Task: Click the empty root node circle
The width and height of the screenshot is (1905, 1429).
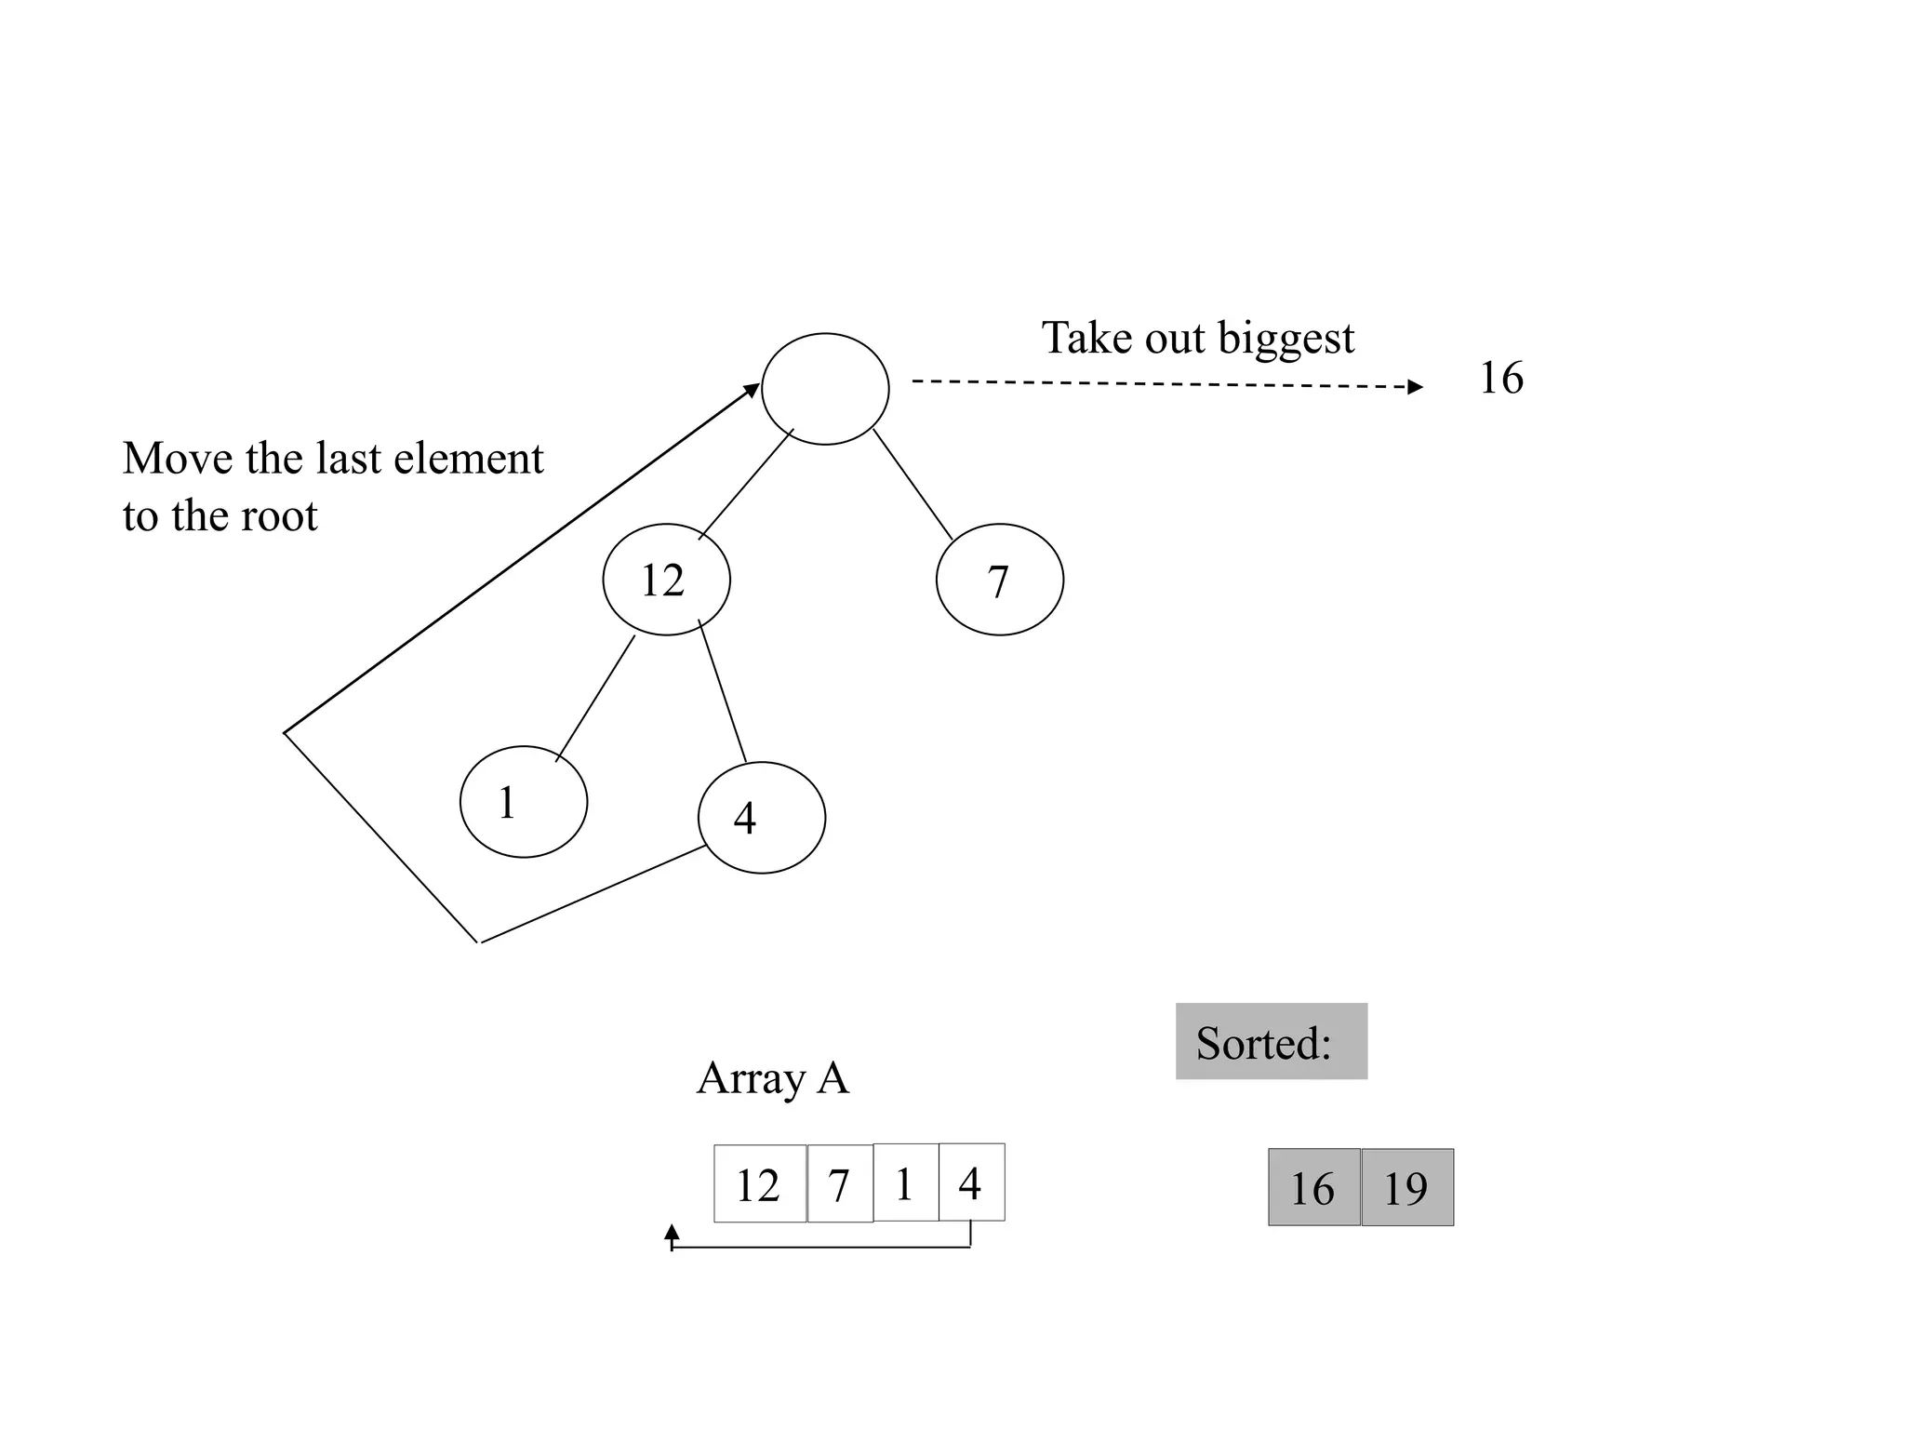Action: (x=825, y=389)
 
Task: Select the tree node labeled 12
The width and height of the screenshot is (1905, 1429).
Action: (x=666, y=580)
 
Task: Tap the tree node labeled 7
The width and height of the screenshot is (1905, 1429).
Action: (x=999, y=580)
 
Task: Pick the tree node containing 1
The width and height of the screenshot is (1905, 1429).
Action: (x=524, y=801)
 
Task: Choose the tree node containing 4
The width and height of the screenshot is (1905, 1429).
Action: (x=761, y=817)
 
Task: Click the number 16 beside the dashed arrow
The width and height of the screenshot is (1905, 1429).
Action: (x=1500, y=378)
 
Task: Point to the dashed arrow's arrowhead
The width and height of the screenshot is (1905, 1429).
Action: (x=1415, y=387)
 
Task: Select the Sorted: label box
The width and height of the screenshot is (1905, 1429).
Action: (x=1271, y=1041)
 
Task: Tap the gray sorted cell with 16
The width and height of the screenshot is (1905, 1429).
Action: (x=1313, y=1187)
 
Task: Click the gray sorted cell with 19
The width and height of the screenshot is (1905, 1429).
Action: (x=1407, y=1187)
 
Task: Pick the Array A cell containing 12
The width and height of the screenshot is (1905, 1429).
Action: (x=759, y=1183)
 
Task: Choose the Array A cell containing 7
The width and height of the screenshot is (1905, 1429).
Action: (x=840, y=1183)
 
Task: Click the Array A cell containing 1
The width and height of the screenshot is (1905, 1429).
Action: (x=905, y=1182)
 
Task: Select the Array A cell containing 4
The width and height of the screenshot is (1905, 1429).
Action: (x=971, y=1182)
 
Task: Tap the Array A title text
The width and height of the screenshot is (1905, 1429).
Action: (x=772, y=1078)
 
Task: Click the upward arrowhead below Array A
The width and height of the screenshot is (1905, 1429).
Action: (x=672, y=1233)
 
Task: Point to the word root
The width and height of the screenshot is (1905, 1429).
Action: (x=279, y=516)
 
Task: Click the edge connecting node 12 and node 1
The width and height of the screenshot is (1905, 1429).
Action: (x=595, y=698)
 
